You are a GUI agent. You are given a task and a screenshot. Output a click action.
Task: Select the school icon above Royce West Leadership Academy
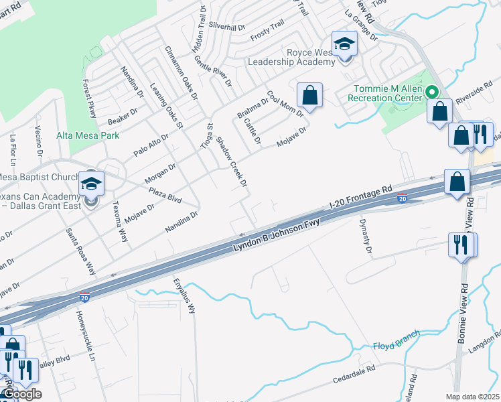pyautogui.click(x=344, y=45)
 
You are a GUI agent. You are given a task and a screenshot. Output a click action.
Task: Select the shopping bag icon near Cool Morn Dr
pyautogui.click(x=309, y=96)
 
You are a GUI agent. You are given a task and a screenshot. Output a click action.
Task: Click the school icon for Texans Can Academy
pyautogui.click(x=91, y=184)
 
